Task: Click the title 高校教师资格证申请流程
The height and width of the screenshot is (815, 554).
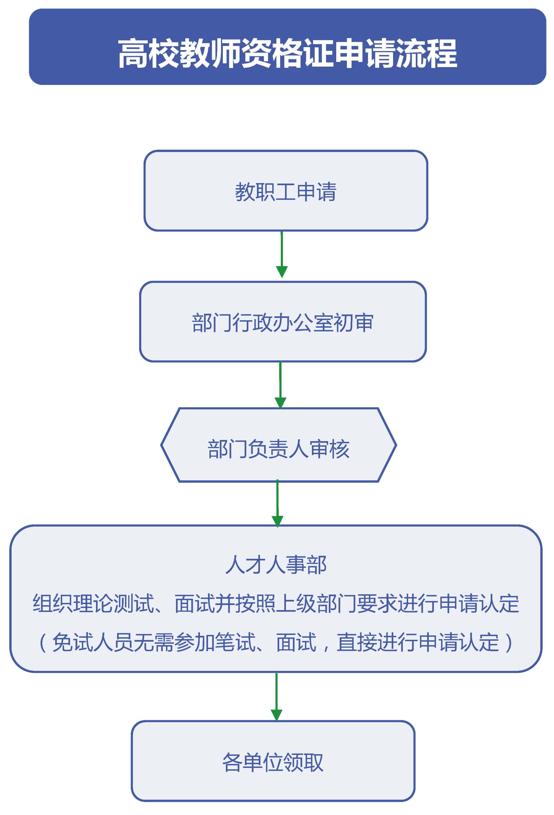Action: [x=287, y=53]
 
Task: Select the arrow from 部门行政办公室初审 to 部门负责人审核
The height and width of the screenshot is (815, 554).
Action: [x=280, y=385]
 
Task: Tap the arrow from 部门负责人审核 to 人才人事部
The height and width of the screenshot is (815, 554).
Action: [x=278, y=504]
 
